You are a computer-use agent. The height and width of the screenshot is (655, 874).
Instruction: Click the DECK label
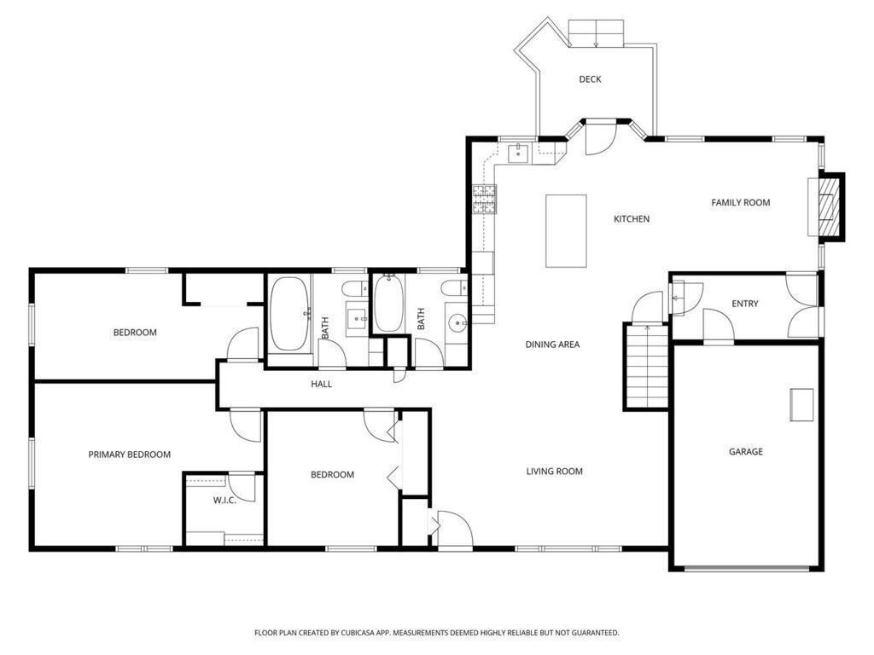point(590,79)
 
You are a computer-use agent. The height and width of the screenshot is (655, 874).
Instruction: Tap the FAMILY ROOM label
point(740,203)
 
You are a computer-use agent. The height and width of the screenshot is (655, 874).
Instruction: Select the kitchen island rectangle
point(566,230)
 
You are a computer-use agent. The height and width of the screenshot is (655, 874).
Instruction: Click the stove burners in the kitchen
point(484,200)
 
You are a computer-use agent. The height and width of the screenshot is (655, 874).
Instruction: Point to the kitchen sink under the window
point(518,152)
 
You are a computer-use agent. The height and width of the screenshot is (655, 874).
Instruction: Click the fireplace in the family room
point(826,207)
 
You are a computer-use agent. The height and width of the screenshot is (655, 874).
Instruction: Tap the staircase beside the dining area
point(646,367)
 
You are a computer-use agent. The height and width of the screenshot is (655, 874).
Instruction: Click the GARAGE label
point(745,451)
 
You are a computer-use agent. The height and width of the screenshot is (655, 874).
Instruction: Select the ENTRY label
point(744,304)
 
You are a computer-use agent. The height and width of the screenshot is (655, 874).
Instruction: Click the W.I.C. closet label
point(224,500)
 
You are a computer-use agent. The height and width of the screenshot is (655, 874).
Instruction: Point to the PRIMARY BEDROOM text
point(130,455)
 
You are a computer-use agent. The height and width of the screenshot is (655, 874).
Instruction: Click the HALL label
point(321,384)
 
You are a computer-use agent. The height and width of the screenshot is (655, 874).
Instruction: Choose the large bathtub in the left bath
point(290,314)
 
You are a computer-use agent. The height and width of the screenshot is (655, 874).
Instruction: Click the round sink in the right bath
point(458,322)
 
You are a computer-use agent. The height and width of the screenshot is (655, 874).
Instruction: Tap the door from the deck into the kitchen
point(600,138)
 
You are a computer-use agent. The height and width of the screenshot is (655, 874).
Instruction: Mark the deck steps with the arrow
point(596,33)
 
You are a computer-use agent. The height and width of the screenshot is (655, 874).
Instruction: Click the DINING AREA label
point(552,345)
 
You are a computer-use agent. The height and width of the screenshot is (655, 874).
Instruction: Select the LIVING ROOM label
point(554,471)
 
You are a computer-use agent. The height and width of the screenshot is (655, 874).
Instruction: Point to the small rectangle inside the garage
point(801,405)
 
